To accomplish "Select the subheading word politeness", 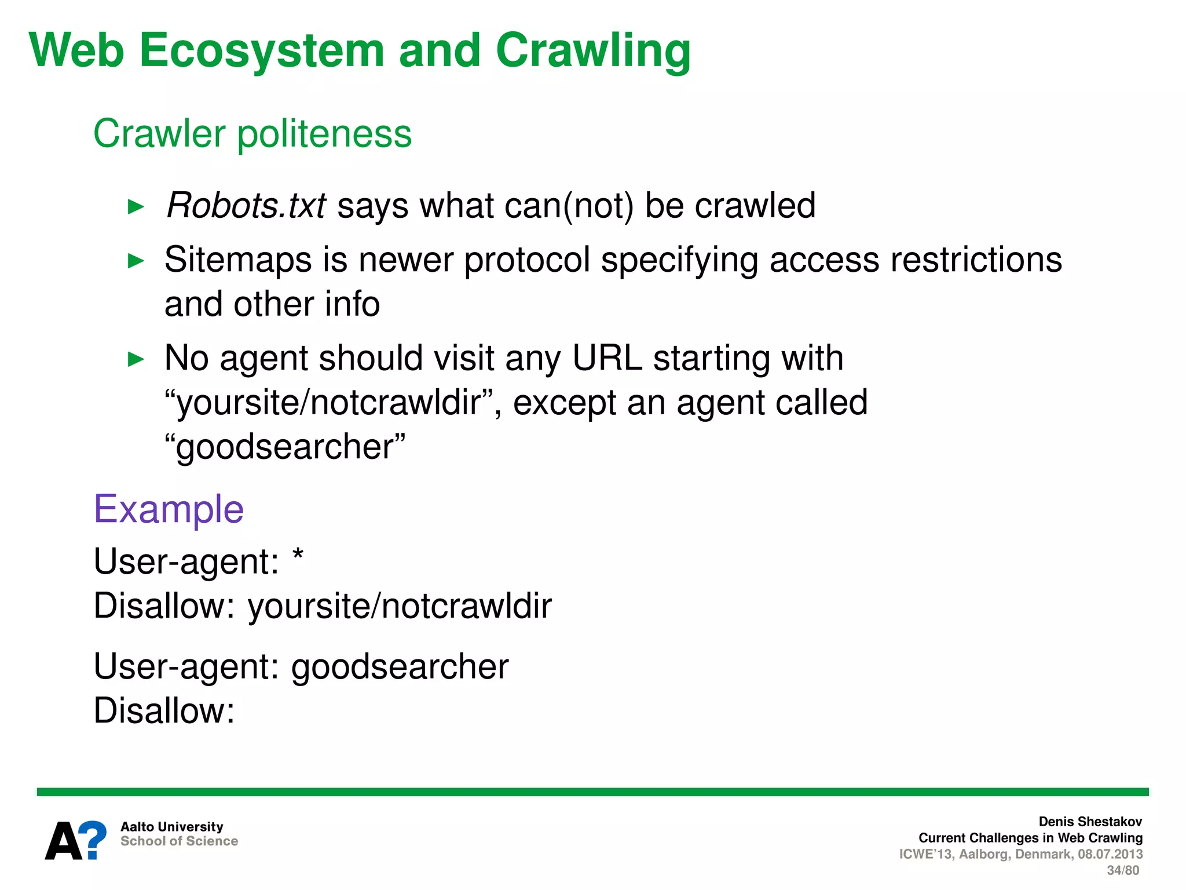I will click(x=324, y=134).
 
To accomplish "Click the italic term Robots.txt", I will click(x=246, y=206).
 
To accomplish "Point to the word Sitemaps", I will click(x=238, y=260).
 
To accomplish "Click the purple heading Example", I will click(x=169, y=509).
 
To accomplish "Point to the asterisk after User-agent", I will click(x=298, y=556).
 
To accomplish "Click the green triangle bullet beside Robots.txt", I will click(x=136, y=207).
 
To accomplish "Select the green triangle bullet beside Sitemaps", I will click(x=136, y=261).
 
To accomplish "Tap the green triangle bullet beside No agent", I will click(x=136, y=359).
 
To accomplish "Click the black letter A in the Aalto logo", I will click(x=64, y=841).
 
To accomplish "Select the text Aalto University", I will click(x=171, y=827).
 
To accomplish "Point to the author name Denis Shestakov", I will click(x=1090, y=822).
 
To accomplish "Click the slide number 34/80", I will click(x=1122, y=870).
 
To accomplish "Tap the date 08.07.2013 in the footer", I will click(x=1110, y=854).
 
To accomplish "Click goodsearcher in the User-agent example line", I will click(x=400, y=667).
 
